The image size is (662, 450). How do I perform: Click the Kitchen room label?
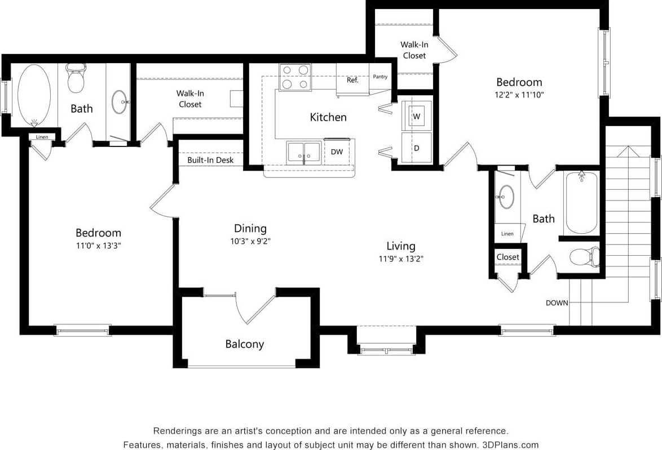[328, 117]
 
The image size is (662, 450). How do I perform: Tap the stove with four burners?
[295, 77]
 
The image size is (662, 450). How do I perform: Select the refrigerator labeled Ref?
[352, 80]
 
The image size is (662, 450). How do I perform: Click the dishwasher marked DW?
[337, 152]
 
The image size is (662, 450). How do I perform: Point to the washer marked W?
[417, 116]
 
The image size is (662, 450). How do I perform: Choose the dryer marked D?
[417, 148]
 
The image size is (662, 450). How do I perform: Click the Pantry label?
[380, 77]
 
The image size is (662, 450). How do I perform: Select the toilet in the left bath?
[76, 78]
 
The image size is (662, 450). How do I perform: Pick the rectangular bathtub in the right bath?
[581, 203]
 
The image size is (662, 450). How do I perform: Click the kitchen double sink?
[304, 153]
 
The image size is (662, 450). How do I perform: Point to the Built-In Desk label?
[210, 161]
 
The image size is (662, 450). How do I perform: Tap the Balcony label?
[244, 344]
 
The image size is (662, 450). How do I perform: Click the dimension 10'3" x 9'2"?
[250, 241]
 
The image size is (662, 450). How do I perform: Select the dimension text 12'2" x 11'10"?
[519, 95]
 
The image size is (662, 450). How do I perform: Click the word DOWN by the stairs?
[557, 303]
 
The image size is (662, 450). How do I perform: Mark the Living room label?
[401, 246]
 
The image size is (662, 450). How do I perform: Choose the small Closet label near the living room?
[507, 257]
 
